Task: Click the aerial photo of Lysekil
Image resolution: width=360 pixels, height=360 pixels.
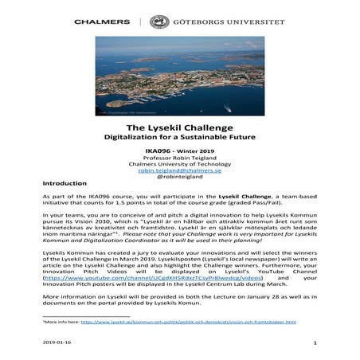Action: pos(179,77)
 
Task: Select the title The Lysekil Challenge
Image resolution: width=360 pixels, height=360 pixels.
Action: pos(179,127)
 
